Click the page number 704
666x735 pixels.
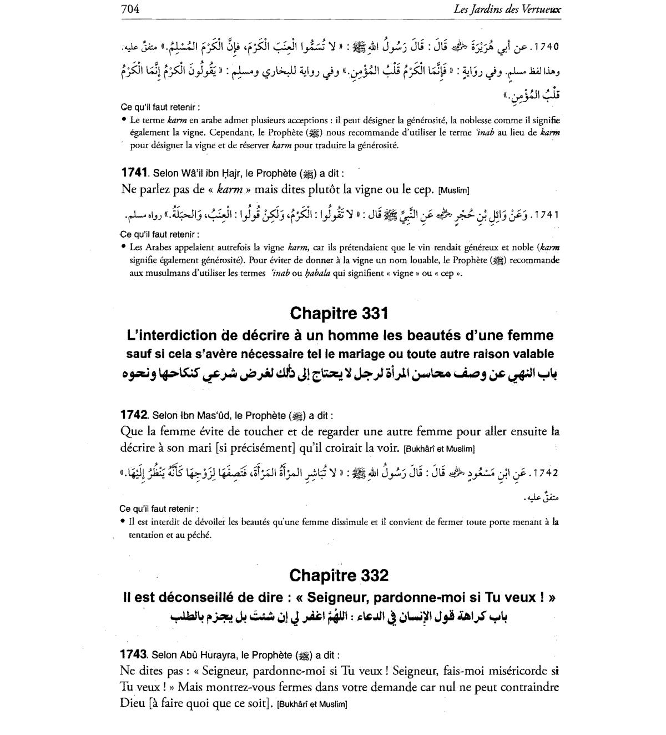(x=129, y=9)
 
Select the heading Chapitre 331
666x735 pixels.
(x=339, y=314)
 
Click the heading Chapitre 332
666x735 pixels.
(x=339, y=575)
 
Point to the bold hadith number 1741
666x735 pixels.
(x=134, y=172)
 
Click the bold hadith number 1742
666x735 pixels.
(x=134, y=415)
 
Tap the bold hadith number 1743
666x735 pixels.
(x=134, y=655)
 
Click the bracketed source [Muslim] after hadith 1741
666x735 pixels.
(x=454, y=191)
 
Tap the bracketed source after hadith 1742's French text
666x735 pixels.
(x=439, y=449)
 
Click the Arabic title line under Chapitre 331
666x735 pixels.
(x=339, y=374)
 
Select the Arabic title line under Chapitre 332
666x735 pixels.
(x=339, y=616)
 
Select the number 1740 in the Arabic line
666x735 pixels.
(x=545, y=47)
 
